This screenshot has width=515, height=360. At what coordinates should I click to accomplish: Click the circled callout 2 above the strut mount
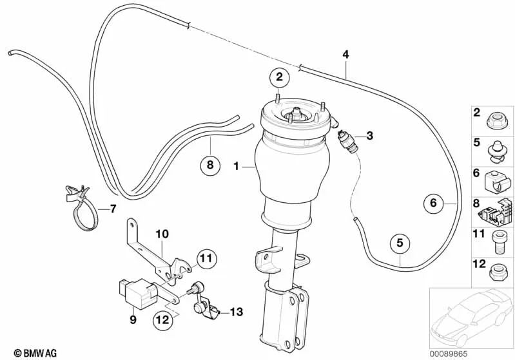click(278, 78)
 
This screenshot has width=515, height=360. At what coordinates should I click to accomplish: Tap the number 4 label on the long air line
click(346, 55)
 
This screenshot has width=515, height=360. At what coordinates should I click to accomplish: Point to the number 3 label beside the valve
click(369, 135)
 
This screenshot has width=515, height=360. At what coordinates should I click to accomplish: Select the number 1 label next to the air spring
click(237, 166)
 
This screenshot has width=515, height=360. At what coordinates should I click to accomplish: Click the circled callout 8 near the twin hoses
click(209, 166)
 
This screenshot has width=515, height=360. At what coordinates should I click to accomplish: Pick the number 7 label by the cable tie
click(113, 208)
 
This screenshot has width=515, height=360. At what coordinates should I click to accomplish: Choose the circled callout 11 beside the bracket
click(204, 259)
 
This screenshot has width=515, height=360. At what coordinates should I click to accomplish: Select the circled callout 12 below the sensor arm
click(163, 317)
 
